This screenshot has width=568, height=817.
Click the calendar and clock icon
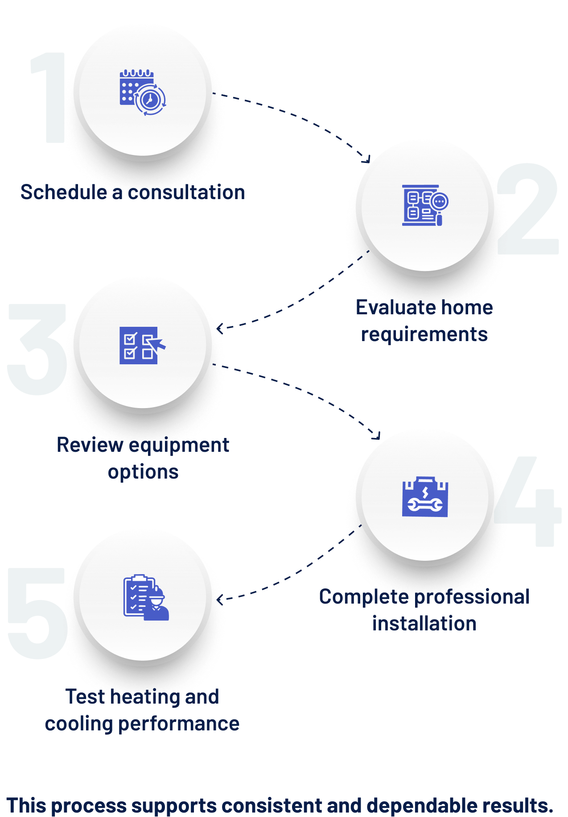[x=143, y=92]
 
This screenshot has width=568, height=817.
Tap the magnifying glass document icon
[x=425, y=205]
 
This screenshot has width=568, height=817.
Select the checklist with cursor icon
[x=142, y=346]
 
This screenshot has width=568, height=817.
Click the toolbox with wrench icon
[x=425, y=497]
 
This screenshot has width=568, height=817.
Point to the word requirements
[x=424, y=334]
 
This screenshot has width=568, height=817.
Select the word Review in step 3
[x=89, y=445]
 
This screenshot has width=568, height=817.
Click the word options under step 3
[x=143, y=472]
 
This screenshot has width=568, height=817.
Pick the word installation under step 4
[x=424, y=624]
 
